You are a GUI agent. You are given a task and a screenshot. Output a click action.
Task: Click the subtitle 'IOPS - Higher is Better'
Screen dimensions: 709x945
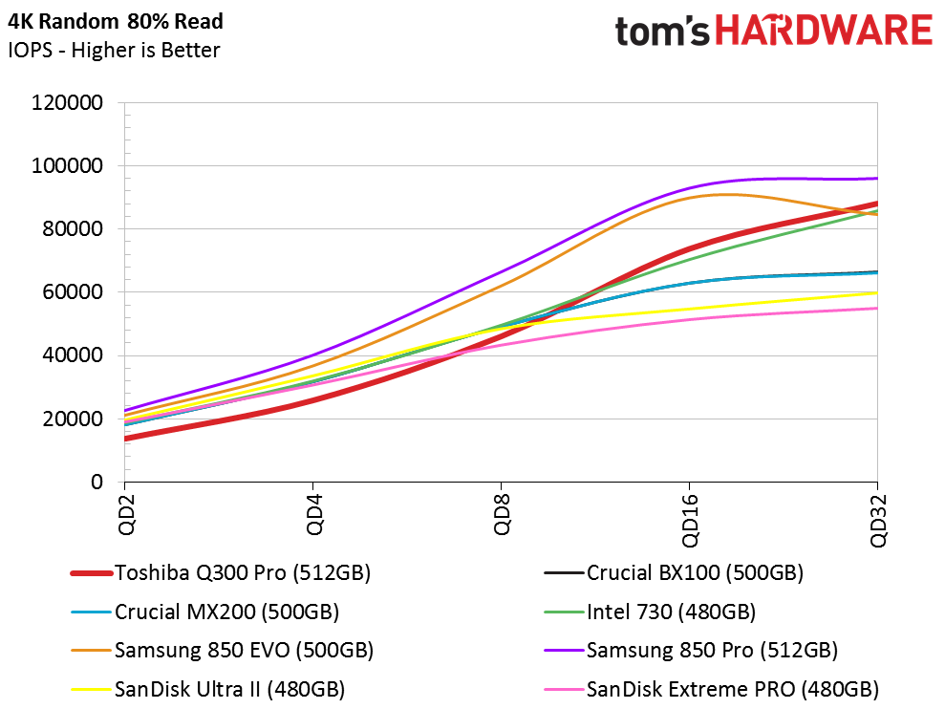point(114,50)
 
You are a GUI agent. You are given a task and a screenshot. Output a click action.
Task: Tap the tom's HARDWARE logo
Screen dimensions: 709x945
point(773,31)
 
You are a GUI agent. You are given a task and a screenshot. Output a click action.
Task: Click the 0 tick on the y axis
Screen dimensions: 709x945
point(97,483)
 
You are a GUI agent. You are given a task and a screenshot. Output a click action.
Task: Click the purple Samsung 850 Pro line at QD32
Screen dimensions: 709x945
point(876,179)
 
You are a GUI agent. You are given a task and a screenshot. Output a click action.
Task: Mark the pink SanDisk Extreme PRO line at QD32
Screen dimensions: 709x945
point(876,308)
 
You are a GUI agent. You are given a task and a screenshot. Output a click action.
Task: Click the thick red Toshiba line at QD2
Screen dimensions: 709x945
point(126,439)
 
